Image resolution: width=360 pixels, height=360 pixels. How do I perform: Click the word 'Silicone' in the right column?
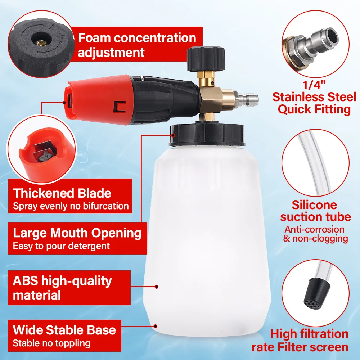coord(314,205)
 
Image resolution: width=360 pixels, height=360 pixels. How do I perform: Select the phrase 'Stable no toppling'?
coord(51,343)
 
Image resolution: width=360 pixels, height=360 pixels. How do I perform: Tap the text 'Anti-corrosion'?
coord(314,229)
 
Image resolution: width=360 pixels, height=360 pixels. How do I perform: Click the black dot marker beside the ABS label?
coord(157,287)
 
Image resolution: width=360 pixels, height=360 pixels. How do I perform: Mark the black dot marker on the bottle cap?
coord(173,135)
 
